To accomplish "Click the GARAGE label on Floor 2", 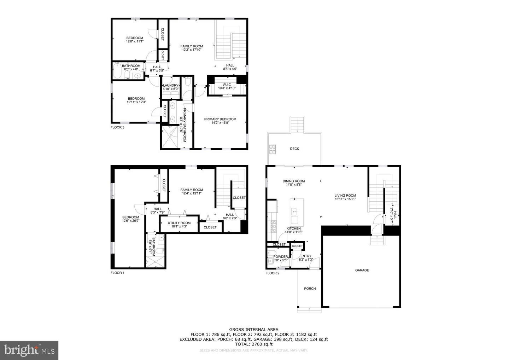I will (362, 270).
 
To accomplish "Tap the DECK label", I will (294, 149).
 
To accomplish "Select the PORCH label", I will (310, 289).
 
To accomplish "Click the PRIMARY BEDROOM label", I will (220, 119).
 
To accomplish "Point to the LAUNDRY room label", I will (171, 85).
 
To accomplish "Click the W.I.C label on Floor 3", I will (227, 85).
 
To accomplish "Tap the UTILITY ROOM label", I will (179, 223).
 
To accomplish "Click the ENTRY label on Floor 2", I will (306, 256).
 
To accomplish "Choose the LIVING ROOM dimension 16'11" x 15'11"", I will (345, 199).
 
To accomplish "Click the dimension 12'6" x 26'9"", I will (130, 221).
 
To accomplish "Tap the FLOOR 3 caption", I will (117, 127).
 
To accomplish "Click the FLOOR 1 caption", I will (117, 273).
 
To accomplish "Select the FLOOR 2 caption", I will (273, 273).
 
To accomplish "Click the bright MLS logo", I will (29, 350).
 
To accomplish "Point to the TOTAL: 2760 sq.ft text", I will (253, 344).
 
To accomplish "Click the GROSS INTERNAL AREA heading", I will (253, 329).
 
